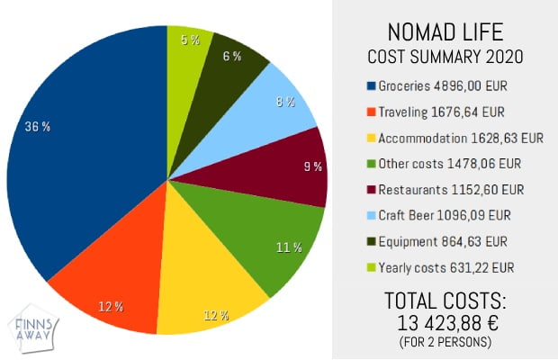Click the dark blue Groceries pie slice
81,162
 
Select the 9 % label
311,166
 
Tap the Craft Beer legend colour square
371,216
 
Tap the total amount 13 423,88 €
445,323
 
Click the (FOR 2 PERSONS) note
445,343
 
